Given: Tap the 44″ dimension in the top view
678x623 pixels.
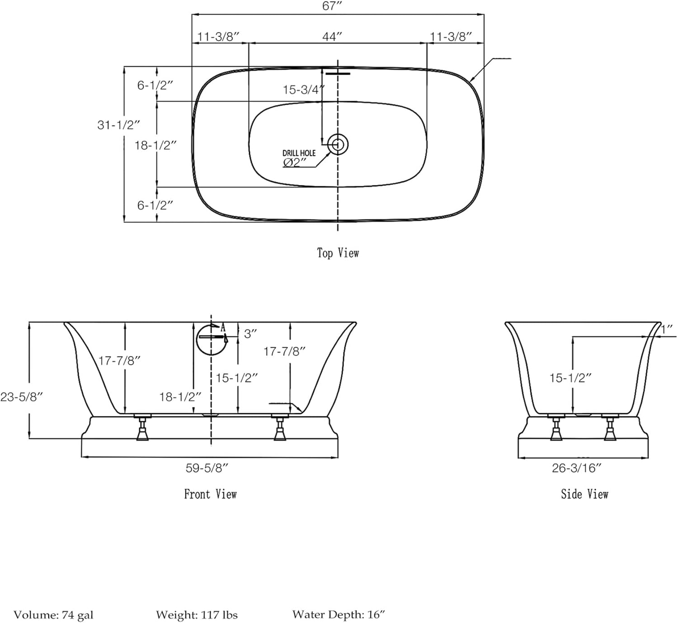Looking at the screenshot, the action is [x=332, y=37].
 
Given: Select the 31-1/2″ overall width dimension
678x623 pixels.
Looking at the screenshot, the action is [x=118, y=125].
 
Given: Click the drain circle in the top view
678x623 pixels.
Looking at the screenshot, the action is [x=338, y=144].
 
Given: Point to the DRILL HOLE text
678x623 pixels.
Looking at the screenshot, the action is [x=299, y=153].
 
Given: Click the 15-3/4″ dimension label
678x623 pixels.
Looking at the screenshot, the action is [x=303, y=90].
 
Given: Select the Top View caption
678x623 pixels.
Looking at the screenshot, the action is [x=338, y=253].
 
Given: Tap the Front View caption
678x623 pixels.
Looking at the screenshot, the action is [x=210, y=494].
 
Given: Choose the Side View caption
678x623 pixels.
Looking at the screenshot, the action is [x=584, y=494].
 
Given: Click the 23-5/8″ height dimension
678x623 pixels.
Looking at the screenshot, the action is [x=21, y=397].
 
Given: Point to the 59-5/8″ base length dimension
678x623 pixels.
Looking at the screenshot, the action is [x=207, y=468].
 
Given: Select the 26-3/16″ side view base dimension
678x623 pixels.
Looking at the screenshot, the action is [x=577, y=468].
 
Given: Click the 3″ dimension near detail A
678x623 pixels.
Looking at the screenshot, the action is [x=250, y=334].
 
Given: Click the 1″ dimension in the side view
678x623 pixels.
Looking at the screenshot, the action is [x=667, y=329].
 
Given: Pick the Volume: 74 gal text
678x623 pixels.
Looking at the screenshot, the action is [x=53, y=614].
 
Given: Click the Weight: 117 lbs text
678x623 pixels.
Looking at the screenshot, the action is [x=197, y=614].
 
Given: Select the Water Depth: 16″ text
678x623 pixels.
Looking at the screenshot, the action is [x=339, y=614].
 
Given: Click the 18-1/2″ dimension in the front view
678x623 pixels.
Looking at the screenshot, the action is [x=180, y=397].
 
